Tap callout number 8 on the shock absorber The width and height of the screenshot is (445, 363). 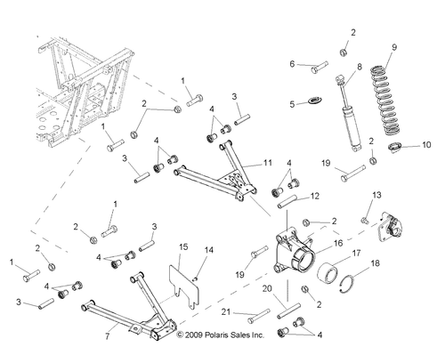click(x=360, y=67)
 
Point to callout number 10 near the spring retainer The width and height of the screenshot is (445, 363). click(x=425, y=143)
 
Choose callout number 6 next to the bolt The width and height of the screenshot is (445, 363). click(x=291, y=63)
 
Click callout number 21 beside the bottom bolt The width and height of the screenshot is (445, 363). click(x=226, y=311)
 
